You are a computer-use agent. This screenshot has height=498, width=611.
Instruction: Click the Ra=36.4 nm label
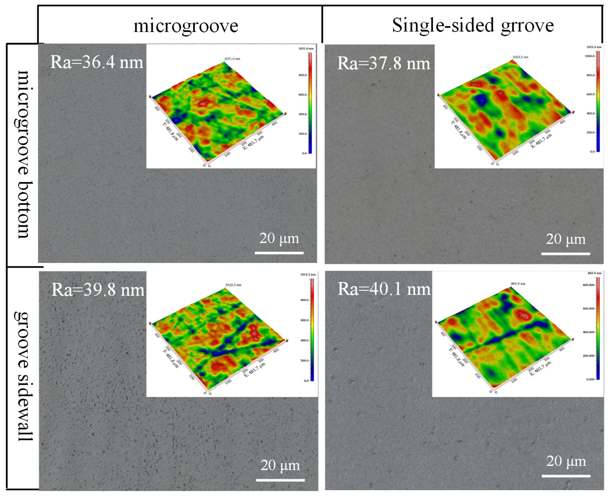[x=97, y=62]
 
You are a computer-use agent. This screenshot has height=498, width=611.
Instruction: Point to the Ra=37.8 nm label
[x=384, y=63]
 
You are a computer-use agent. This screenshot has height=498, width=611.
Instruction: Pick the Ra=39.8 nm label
[x=98, y=290]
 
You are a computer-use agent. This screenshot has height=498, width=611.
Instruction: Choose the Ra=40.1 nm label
[x=384, y=289]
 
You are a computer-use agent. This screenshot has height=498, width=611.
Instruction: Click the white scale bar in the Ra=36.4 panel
[x=279, y=253]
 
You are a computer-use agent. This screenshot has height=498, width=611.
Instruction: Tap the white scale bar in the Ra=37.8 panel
[x=565, y=254]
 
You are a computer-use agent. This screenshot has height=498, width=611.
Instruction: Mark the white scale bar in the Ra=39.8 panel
[x=280, y=480]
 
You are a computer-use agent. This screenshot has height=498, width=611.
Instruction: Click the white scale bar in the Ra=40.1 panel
[x=566, y=476]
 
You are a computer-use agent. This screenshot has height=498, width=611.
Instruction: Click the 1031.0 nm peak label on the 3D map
[x=232, y=59]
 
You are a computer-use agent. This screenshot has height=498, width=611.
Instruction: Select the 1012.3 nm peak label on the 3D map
[x=233, y=285]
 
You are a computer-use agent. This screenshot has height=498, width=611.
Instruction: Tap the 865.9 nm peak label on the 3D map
[x=518, y=284]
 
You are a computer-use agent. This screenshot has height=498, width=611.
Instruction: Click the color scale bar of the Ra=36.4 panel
[x=310, y=103]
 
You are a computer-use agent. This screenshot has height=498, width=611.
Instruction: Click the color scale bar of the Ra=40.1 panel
[x=598, y=329]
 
